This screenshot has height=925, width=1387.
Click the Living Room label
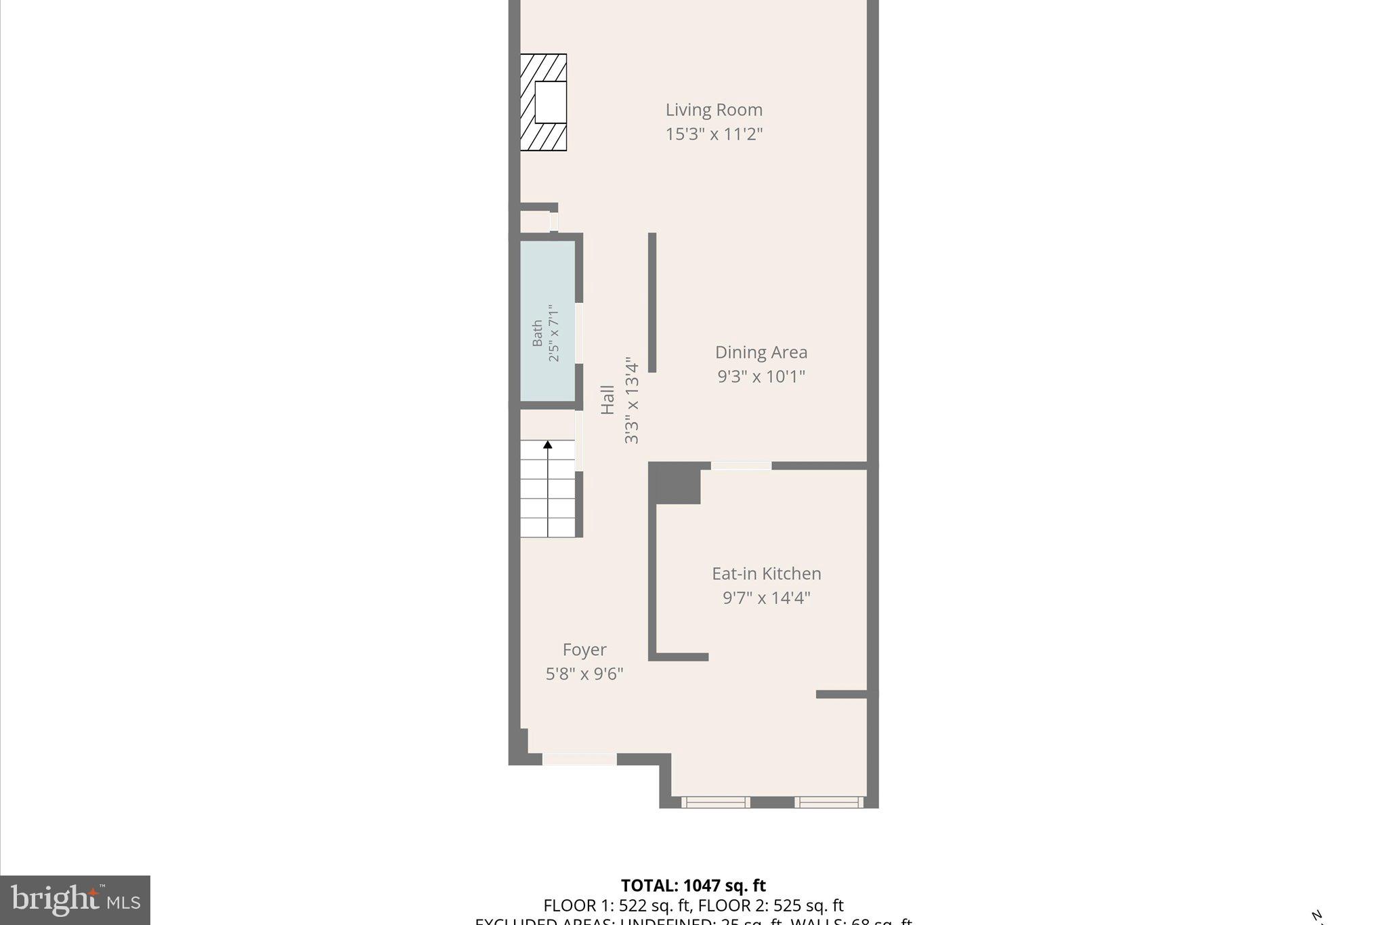click(x=714, y=110)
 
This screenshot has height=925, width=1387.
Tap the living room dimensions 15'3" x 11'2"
click(x=714, y=134)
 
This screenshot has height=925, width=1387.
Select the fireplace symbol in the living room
click(x=543, y=102)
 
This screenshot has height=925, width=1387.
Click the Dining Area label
click(x=761, y=352)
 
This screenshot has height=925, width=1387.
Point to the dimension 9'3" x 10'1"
click(x=761, y=376)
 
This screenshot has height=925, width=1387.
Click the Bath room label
click(x=537, y=333)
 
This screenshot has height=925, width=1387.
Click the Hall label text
click(x=607, y=400)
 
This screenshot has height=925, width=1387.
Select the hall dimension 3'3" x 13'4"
click(x=631, y=400)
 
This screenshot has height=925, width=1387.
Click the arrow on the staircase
click(x=547, y=445)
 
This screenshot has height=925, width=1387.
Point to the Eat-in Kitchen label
click(x=766, y=574)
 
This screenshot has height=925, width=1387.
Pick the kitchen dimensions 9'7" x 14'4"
click(x=766, y=598)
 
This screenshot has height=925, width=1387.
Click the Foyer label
click(x=584, y=650)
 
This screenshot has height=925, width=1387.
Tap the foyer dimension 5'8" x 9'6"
click(x=584, y=674)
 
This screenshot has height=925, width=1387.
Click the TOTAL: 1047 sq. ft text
click(x=693, y=886)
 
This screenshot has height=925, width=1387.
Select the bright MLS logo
click(x=75, y=900)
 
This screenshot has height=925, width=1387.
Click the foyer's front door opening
click(x=579, y=759)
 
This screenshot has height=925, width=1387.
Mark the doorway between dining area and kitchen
click(x=741, y=466)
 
